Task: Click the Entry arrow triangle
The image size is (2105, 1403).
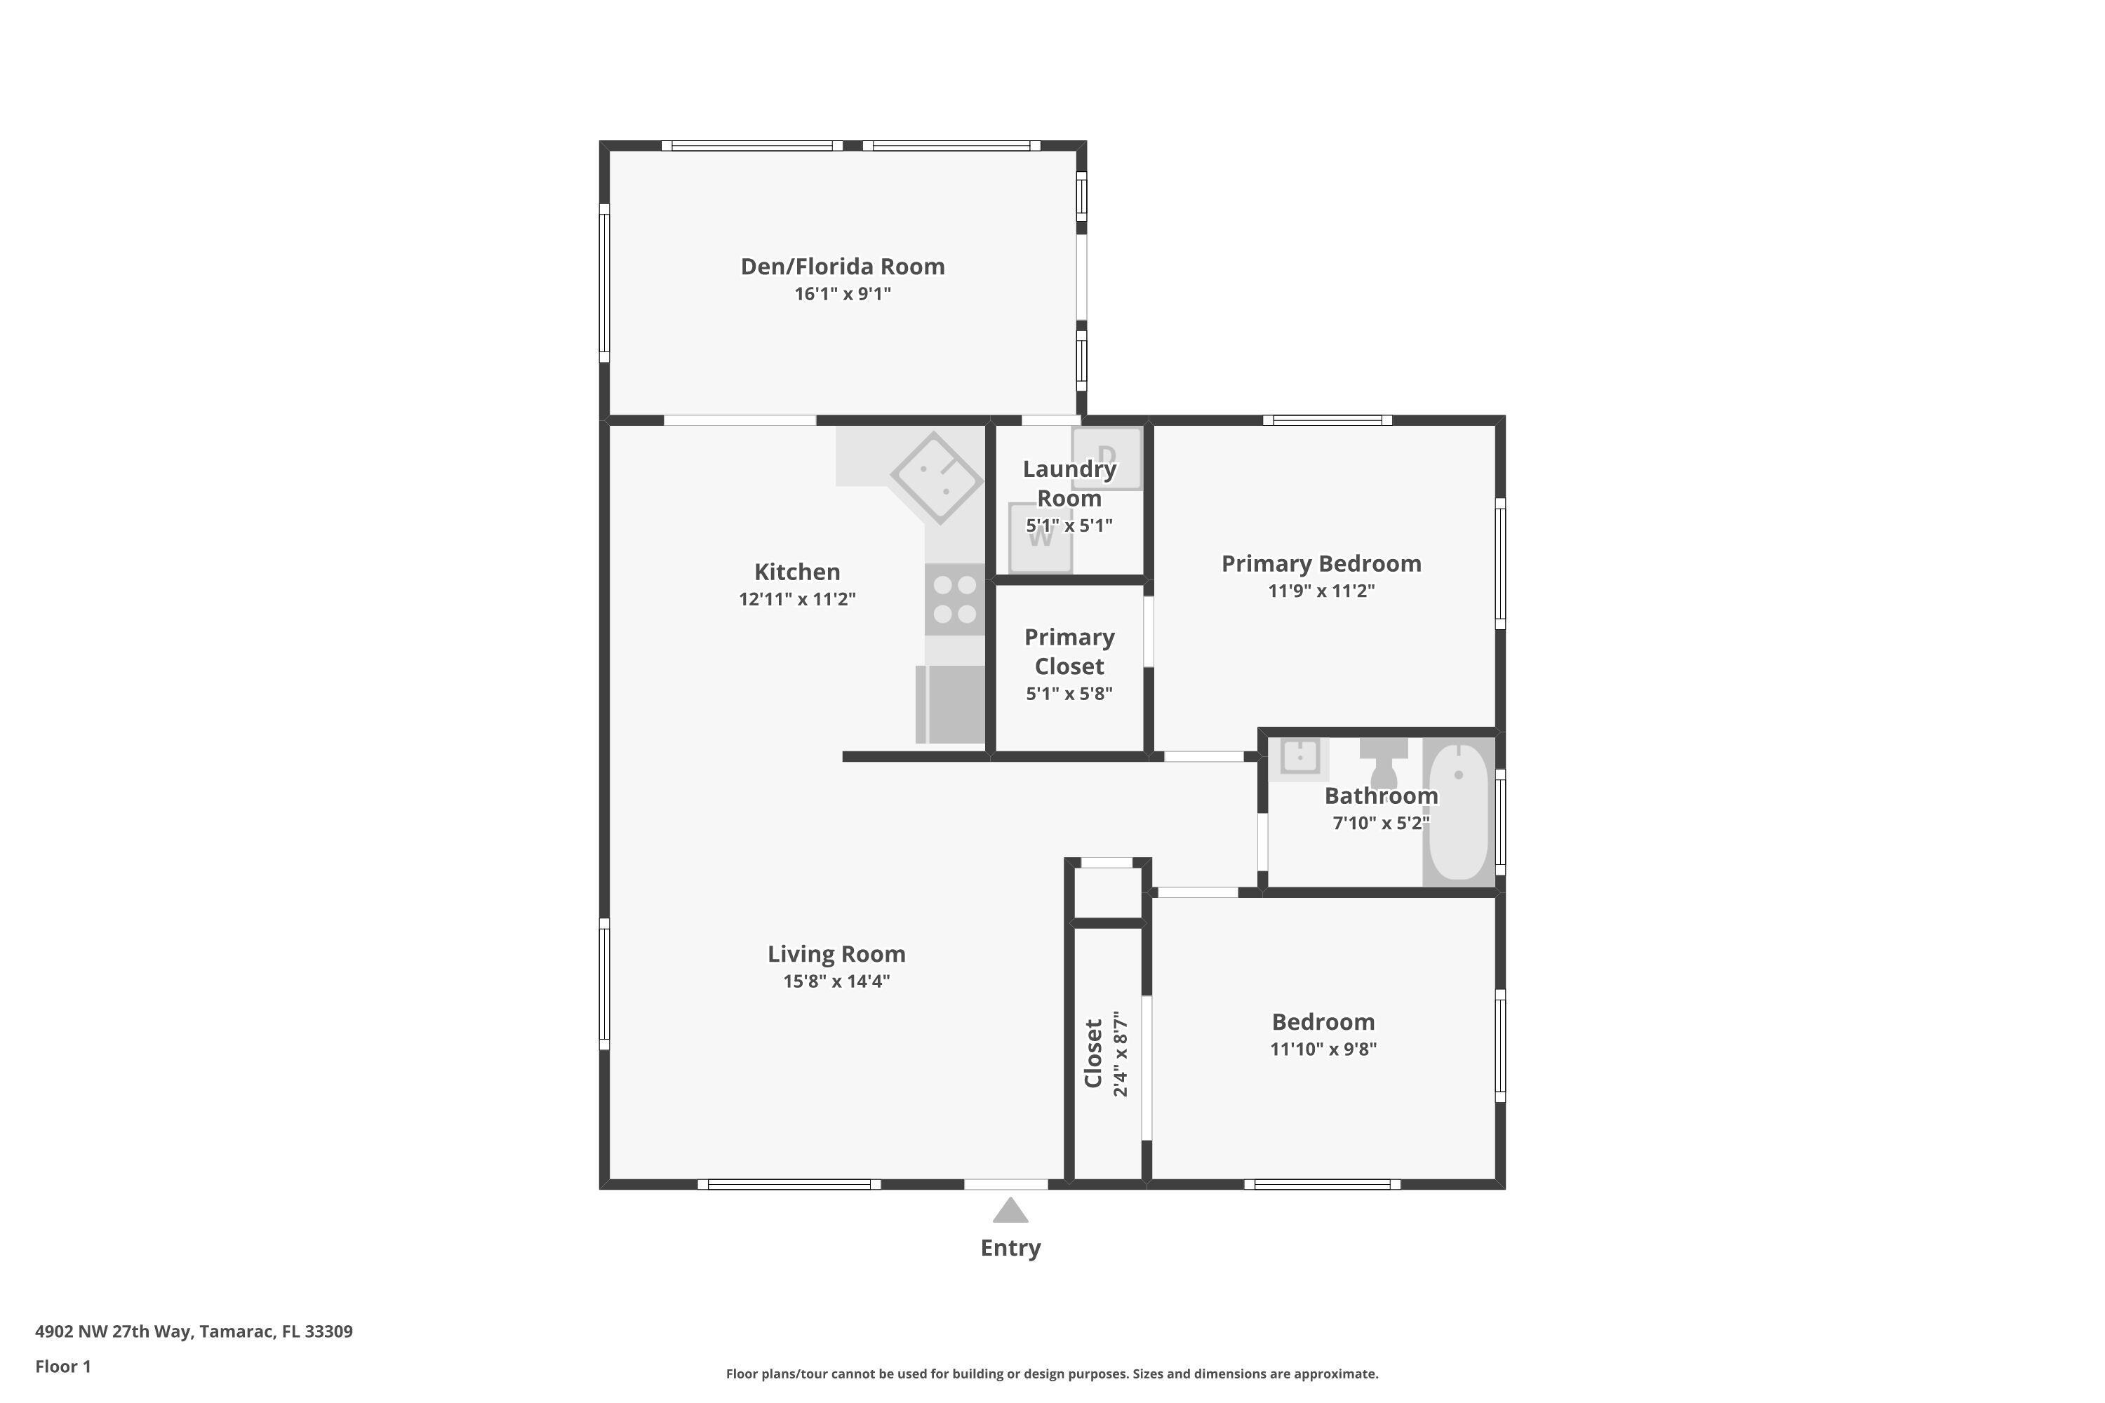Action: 1010,1211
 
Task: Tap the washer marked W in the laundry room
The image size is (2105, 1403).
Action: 1040,539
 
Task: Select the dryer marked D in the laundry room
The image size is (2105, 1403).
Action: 1107,457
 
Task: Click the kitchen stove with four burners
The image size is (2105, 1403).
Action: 954,600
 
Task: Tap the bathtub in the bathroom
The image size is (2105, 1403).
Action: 1459,812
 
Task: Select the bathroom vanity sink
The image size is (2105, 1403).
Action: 1299,757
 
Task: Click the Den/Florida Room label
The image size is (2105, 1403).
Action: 842,267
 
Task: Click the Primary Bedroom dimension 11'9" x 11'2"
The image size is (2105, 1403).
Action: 1321,591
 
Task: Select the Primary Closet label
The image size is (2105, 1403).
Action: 1069,652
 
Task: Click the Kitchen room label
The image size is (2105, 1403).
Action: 796,572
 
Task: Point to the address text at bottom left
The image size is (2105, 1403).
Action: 194,1331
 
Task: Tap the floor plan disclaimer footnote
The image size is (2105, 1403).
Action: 1052,1374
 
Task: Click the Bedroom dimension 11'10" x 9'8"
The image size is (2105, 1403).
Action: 1323,1049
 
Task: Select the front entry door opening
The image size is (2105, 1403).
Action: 1006,1185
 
